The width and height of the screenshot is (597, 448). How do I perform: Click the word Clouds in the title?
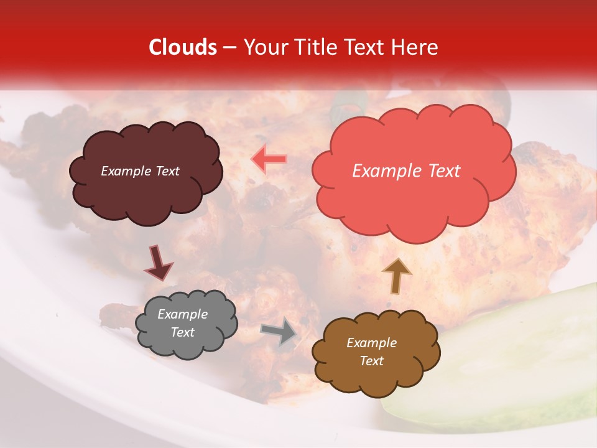[182, 47]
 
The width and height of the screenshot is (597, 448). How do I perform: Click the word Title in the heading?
[313, 47]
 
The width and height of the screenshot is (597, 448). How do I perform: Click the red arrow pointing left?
[269, 160]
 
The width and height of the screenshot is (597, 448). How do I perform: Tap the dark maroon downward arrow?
[158, 263]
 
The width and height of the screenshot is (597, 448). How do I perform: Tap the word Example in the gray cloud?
[182, 314]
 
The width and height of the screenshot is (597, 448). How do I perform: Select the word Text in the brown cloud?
[371, 361]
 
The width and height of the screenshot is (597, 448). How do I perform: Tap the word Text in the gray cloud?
[182, 332]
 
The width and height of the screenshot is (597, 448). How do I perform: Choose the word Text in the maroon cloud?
[166, 171]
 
